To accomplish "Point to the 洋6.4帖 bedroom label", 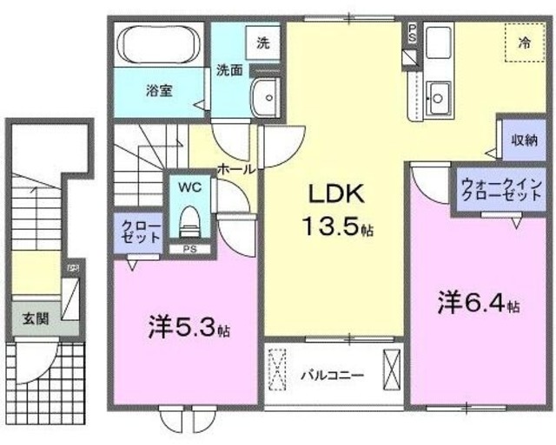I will pyautogui.click(x=478, y=304).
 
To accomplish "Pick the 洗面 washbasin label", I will pyautogui.click(x=229, y=69).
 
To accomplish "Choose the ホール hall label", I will pyautogui.click(x=235, y=169).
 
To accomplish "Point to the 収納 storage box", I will pyautogui.click(x=522, y=139).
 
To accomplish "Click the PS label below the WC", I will pyautogui.click(x=189, y=251).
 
